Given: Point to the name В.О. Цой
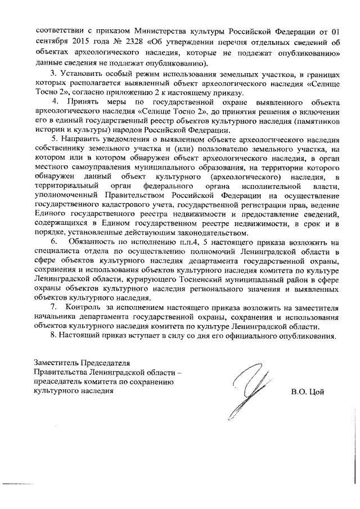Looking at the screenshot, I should coord(308,391).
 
